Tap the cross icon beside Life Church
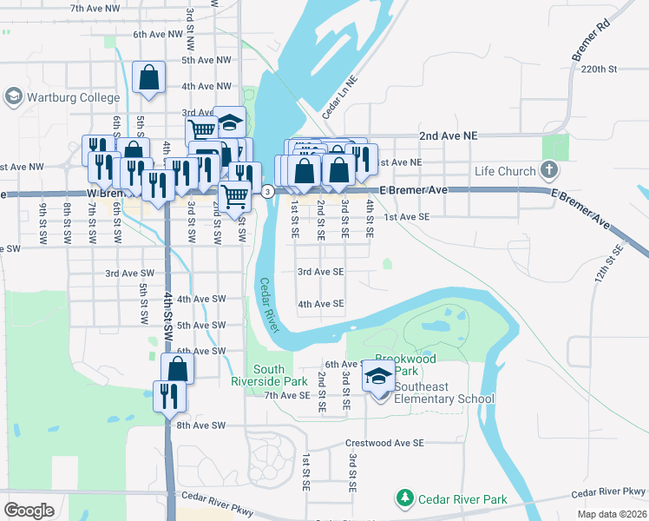click(x=548, y=170)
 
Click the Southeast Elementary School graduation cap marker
click(x=378, y=376)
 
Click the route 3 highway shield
click(x=268, y=191)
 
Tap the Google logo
click(x=29, y=511)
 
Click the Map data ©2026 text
click(x=613, y=514)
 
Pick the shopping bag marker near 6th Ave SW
click(x=177, y=368)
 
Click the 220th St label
click(x=599, y=69)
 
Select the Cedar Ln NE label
click(x=340, y=102)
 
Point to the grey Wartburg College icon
click(x=13, y=96)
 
